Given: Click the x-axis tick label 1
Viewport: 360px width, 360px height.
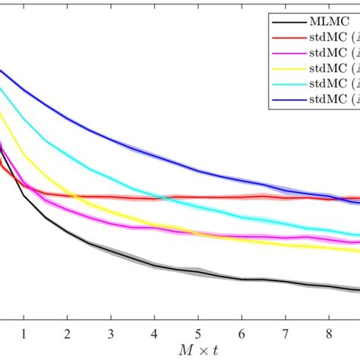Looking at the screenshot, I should [24, 333].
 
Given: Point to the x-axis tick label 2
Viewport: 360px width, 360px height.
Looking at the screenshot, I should [67, 333].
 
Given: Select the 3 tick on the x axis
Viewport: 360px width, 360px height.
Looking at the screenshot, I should [111, 333].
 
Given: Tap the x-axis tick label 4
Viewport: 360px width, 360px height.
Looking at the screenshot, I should [154, 333].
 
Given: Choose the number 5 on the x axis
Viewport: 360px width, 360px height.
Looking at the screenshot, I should [197, 333].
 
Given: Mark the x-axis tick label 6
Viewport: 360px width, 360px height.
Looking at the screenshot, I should [242, 333].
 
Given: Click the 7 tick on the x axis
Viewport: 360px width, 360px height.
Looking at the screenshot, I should [285, 333].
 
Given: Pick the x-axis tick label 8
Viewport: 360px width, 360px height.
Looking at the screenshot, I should [328, 333].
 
